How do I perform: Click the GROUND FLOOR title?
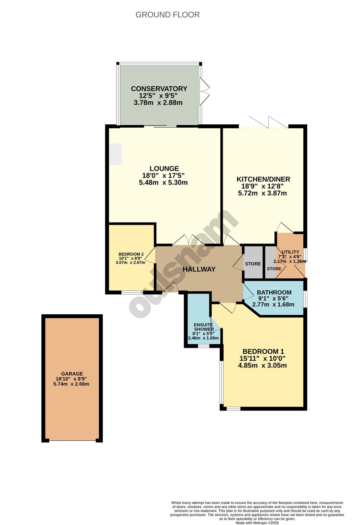point(168,15)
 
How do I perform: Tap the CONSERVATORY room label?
point(159,89)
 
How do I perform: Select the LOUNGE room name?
point(164,169)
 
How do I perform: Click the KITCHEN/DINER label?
point(263,179)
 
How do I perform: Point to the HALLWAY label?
point(199,269)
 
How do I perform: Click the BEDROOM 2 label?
point(131,254)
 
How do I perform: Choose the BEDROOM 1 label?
point(263,351)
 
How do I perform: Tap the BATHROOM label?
point(274,292)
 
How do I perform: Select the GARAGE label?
point(72,374)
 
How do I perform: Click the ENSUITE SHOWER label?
point(204,327)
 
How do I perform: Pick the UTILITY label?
point(290,252)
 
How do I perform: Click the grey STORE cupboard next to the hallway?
point(253,262)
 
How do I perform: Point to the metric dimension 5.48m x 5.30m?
point(163,182)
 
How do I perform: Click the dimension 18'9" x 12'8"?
point(263,186)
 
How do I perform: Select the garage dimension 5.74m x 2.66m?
point(71,384)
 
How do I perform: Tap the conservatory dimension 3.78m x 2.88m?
point(158,103)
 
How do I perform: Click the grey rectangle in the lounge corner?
point(116,154)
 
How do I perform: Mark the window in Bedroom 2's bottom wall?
point(132,292)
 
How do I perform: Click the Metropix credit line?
point(257,523)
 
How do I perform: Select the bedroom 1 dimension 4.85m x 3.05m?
point(262,366)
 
